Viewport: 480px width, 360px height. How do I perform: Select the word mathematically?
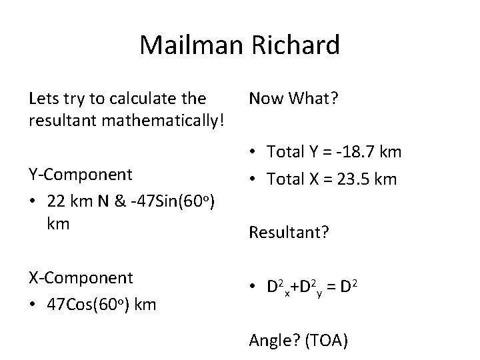(x=171, y=121)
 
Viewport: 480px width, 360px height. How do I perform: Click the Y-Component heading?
(x=81, y=174)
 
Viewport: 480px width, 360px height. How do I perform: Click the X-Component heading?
(x=81, y=277)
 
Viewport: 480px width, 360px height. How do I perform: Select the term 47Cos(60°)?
(x=87, y=305)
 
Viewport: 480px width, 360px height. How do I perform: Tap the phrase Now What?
(x=293, y=99)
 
